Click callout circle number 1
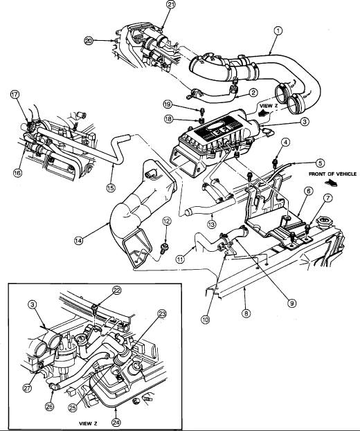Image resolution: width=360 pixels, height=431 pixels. coord(278,30)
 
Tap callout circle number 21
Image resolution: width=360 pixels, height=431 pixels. coord(170,5)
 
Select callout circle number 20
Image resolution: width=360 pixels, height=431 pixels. coord(89,41)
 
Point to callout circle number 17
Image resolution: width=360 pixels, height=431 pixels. coord(15,95)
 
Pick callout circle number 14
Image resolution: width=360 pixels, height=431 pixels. coord(78,240)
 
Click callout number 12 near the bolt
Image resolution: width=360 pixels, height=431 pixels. coord(166,221)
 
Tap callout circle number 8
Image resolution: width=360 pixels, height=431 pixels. coord(246,313)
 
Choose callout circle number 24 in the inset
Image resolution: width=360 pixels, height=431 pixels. coord(116,422)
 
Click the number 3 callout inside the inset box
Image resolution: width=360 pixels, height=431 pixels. coord(33,304)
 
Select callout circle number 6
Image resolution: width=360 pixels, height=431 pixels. coord(309,191)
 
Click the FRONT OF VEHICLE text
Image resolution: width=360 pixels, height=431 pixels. coord(332,174)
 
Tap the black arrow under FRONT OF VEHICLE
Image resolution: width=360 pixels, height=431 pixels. coord(331,183)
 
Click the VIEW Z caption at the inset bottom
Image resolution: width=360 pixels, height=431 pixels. coord(88,423)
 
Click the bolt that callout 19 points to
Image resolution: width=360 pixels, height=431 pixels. coord(202,111)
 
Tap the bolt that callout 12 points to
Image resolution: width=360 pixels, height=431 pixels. coord(165,247)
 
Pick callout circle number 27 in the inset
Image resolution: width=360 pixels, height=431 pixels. coord(27,388)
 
